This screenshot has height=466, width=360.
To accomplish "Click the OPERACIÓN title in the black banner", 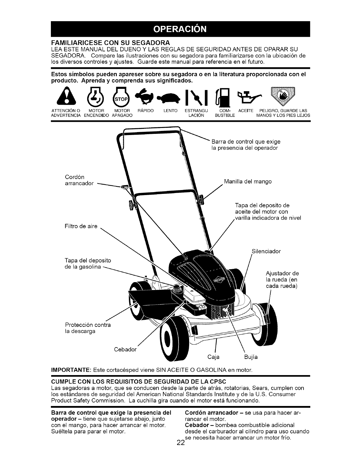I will point(180,29).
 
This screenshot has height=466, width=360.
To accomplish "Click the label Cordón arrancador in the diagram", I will point(79,180).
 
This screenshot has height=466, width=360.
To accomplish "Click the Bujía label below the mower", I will point(251,357).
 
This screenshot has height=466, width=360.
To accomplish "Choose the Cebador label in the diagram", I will point(125,349).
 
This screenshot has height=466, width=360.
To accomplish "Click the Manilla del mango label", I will point(248,182).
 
